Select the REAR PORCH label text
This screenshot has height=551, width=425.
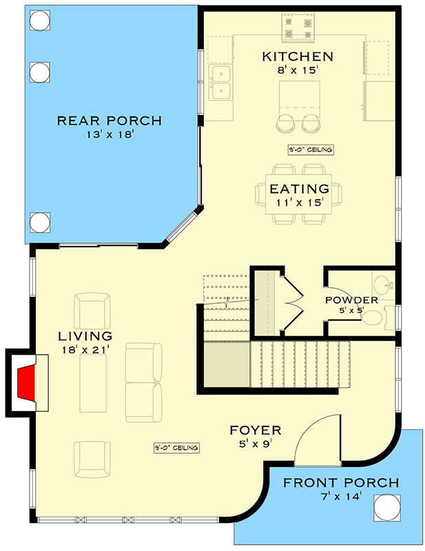click(x=109, y=121)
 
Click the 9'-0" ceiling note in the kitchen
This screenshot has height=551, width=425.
click(x=310, y=150)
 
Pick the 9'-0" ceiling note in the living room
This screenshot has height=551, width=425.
click(x=176, y=448)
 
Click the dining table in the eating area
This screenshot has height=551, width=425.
click(x=297, y=194)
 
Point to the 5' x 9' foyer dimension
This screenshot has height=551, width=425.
click(x=256, y=444)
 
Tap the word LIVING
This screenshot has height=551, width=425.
click(x=85, y=337)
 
